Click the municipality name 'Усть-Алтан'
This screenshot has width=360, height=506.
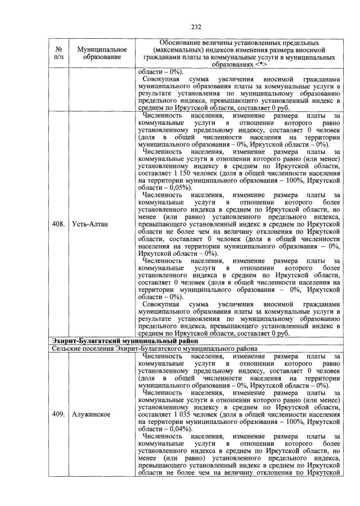89,224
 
